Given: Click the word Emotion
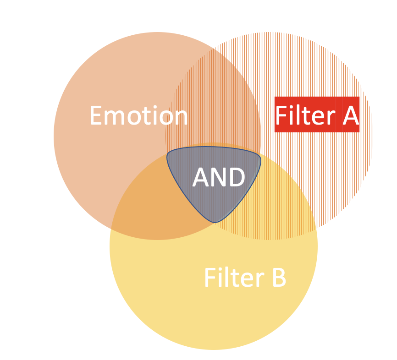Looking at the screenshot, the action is (138, 115).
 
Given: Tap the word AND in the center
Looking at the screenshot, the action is (219, 177).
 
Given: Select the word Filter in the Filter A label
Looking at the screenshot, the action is (305, 115).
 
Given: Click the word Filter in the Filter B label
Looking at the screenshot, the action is (234, 277).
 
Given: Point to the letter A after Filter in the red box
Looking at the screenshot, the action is (351, 115).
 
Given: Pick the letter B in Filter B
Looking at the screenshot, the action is (279, 278).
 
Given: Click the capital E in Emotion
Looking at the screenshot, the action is (96, 116).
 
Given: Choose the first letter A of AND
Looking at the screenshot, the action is (201, 177).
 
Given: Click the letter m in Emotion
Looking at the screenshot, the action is (114, 118).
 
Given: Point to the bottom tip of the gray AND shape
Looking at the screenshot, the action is (215, 223).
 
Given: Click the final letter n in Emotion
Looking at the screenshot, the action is (180, 118).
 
